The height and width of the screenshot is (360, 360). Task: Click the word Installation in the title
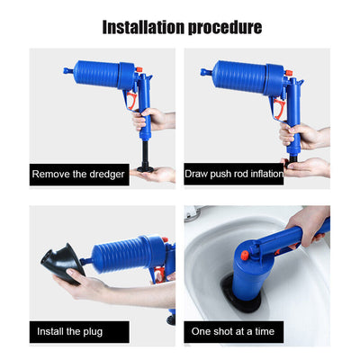click(x=143, y=26)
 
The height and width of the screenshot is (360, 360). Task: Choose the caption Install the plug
click(x=70, y=330)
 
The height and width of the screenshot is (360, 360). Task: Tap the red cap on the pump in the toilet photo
click(x=244, y=256)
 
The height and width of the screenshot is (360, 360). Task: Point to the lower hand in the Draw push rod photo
click(x=310, y=166)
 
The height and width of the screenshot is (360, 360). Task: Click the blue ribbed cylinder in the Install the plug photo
click(x=117, y=254)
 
